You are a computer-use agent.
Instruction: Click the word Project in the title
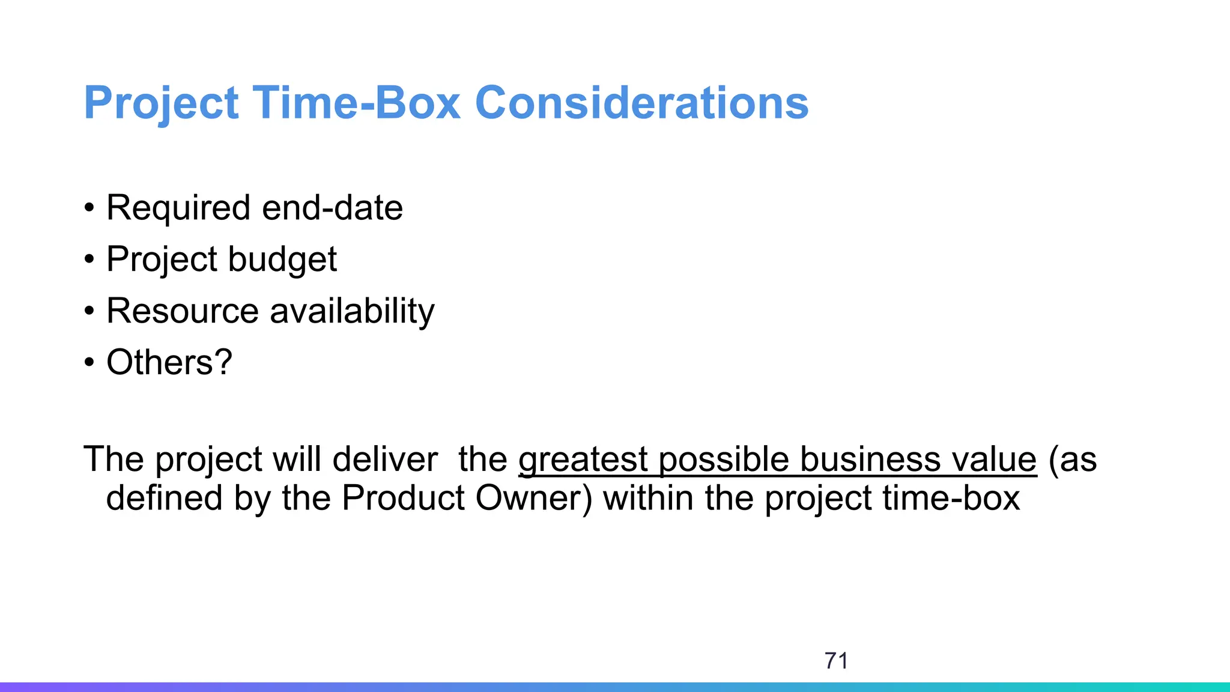pos(161,103)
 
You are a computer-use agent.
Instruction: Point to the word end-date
pos(332,208)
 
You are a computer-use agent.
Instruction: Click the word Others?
pos(169,362)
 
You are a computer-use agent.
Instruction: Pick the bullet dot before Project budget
pos(89,260)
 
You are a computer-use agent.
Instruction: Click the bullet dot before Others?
pos(89,363)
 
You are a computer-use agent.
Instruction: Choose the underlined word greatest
pos(583,460)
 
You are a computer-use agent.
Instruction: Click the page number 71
pos(836,661)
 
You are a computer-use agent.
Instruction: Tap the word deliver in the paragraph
pos(384,460)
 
